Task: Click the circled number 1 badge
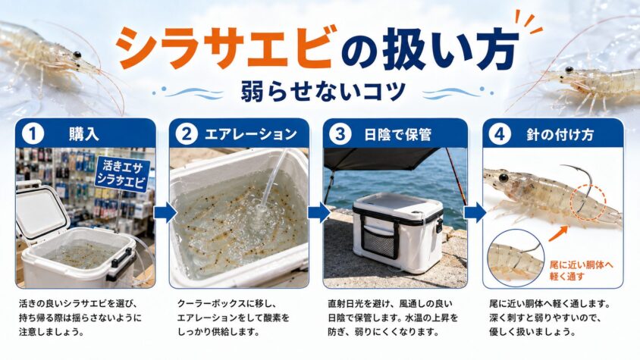(x=33, y=134)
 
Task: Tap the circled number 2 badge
(x=187, y=134)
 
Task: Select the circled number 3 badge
(x=340, y=134)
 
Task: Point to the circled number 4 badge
(x=500, y=134)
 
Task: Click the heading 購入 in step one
(x=84, y=134)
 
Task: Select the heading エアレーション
(x=250, y=134)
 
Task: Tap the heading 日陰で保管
(x=397, y=135)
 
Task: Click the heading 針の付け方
(x=560, y=135)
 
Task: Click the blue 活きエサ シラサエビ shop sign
(x=121, y=174)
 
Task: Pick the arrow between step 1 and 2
(x=165, y=213)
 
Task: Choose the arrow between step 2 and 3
(x=318, y=213)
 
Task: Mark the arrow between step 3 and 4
(x=475, y=213)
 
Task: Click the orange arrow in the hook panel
(x=557, y=233)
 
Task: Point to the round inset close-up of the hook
(x=516, y=258)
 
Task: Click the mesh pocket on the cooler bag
(x=380, y=243)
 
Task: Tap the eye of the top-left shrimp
(x=77, y=55)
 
